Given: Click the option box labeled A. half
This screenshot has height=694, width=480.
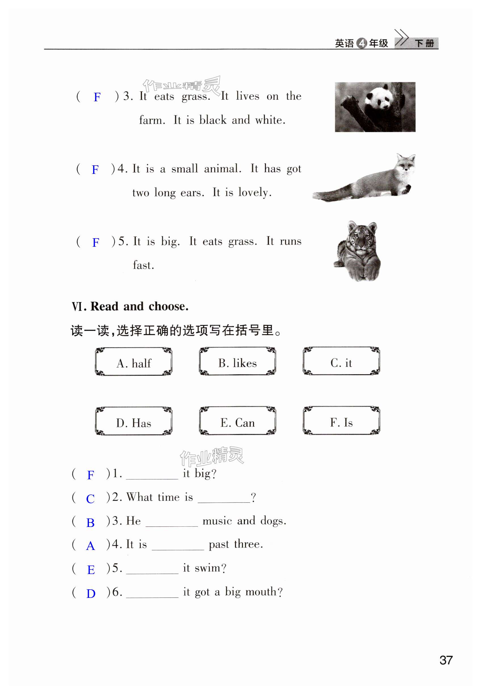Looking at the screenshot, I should [133, 362].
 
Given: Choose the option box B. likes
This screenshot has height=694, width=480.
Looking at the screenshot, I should [237, 361].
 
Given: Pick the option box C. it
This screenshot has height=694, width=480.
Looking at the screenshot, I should [341, 361].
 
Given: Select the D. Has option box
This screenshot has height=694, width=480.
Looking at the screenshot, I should [133, 421].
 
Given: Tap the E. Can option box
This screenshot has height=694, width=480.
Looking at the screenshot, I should [237, 421].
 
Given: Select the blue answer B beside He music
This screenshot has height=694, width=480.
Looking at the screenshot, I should [90, 523].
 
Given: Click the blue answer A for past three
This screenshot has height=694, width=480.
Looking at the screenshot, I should [90, 546].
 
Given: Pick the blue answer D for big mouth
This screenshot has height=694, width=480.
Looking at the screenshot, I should [91, 593].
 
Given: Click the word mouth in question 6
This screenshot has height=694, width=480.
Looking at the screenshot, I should [261, 592].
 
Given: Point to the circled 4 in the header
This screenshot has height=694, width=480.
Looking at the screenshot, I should [362, 43].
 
